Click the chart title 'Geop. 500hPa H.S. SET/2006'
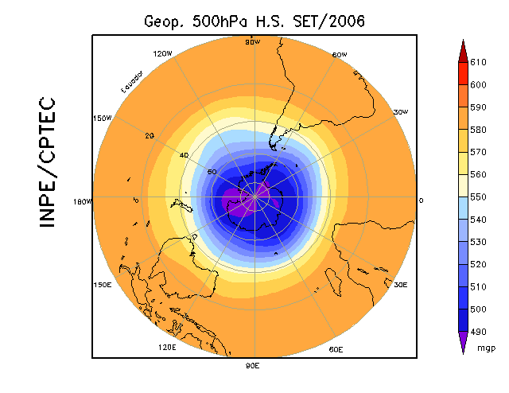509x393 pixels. (x=254, y=21)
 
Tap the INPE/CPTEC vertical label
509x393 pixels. (x=47, y=162)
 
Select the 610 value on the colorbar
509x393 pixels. (x=478, y=62)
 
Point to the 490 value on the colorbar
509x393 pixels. (x=478, y=332)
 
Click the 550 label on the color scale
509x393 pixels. (x=478, y=196)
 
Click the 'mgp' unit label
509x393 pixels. (x=487, y=348)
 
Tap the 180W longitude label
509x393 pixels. (x=84, y=200)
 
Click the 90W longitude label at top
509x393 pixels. (x=253, y=41)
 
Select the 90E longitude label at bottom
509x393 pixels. (x=253, y=365)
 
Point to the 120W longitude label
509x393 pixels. (x=162, y=54)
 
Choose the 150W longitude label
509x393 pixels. (x=102, y=118)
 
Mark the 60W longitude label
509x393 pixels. (x=339, y=55)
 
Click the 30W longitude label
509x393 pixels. (x=400, y=112)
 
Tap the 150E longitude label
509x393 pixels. (x=102, y=284)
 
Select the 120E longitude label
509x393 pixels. (x=168, y=348)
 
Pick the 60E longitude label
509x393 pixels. (x=336, y=349)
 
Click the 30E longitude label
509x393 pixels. (x=400, y=284)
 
